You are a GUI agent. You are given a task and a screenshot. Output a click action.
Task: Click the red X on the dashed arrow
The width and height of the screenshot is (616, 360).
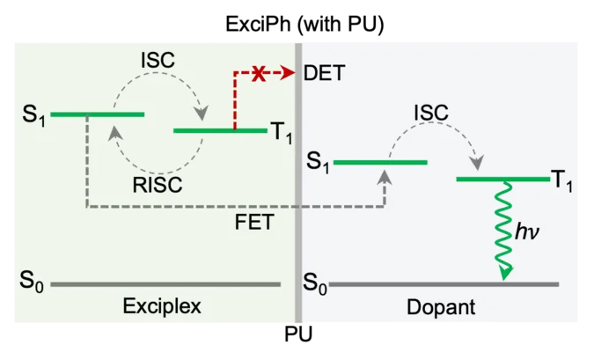(x=259, y=75)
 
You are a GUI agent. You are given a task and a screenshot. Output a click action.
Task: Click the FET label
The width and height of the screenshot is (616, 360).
(x=255, y=224)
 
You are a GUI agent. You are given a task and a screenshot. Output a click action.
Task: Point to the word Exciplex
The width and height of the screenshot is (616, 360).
(x=162, y=307)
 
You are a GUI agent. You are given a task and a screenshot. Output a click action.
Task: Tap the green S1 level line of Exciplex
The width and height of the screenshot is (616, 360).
(x=97, y=114)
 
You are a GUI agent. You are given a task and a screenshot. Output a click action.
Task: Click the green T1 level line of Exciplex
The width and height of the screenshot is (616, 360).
(x=220, y=131)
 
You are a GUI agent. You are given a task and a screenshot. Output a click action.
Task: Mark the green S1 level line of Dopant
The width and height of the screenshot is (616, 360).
(x=380, y=162)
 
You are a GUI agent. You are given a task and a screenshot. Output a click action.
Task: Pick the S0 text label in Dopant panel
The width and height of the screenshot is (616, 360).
(x=315, y=283)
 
